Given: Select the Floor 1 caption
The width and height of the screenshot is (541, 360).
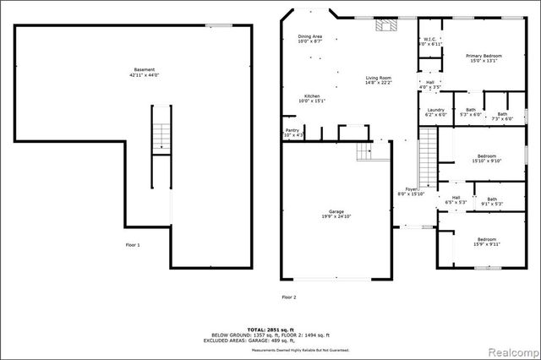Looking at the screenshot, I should [x=133, y=244].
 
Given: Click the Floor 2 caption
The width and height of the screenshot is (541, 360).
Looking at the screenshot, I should [x=289, y=297].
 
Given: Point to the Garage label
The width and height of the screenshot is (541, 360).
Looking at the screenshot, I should [x=336, y=214].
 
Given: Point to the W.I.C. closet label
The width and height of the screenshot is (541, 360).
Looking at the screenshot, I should [x=429, y=41].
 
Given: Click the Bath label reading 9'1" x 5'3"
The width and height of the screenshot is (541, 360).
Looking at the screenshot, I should [x=491, y=200].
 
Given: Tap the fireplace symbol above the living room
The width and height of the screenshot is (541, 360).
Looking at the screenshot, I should [x=385, y=25].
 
